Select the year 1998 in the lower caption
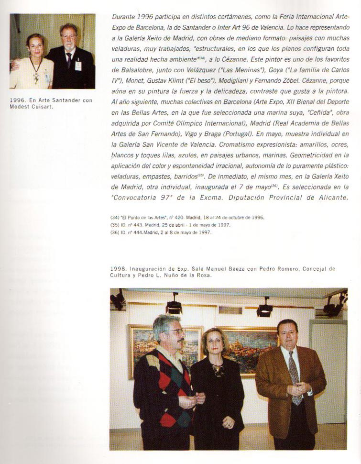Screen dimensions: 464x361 pos(117,269)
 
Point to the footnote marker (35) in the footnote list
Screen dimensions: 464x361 pos(115,225)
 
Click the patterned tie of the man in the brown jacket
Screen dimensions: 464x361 pos(295,378)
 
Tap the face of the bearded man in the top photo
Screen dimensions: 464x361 pos(68,39)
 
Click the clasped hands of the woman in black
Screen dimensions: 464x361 pos(228,422)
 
